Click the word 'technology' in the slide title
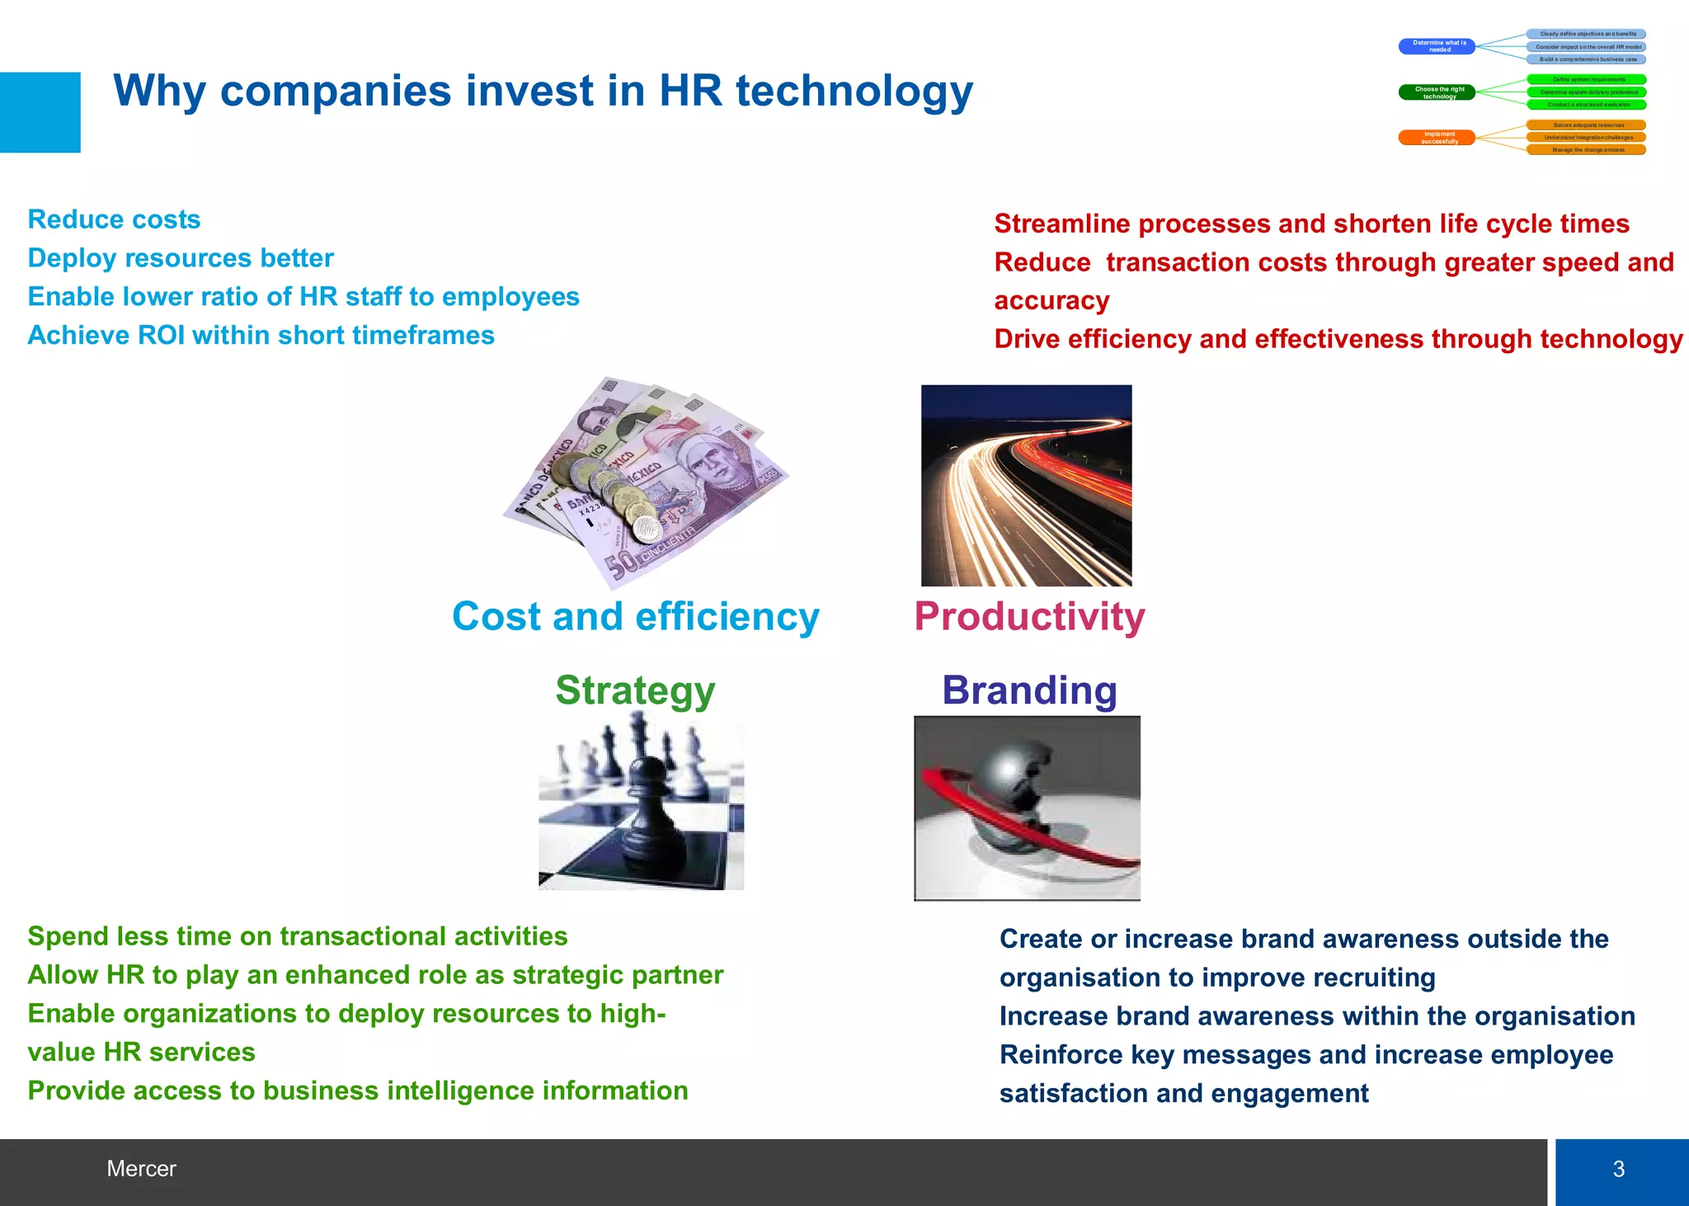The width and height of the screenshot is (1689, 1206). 854,91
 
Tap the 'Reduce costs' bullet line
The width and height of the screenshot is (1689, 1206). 114,219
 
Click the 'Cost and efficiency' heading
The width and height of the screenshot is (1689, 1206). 635,616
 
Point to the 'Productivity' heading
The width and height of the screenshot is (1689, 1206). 1029,616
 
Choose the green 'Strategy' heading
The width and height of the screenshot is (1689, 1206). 635,690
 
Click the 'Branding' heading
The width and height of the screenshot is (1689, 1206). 1029,690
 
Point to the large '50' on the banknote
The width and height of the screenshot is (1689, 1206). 623,564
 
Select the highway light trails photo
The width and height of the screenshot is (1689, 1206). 1026,485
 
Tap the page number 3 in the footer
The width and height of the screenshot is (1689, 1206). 1619,1169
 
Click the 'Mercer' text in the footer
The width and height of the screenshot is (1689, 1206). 141,1169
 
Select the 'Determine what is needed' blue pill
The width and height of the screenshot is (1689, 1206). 1437,46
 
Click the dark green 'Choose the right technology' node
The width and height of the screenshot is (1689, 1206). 1437,92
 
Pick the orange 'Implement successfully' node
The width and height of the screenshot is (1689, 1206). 1437,138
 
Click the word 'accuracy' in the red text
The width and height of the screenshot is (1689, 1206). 1052,300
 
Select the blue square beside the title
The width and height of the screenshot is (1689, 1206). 40,112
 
